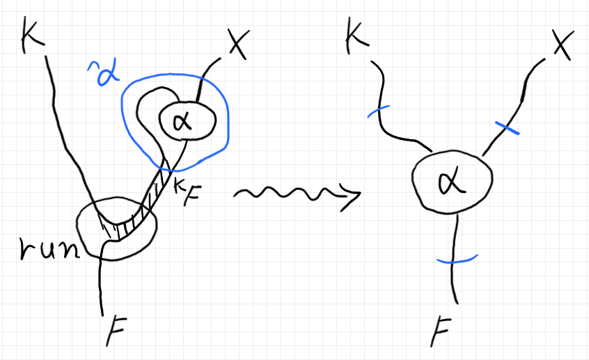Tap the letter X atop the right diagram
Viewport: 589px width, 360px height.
563,46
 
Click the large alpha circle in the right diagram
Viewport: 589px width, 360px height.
452,183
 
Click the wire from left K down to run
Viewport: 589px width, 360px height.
66,132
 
